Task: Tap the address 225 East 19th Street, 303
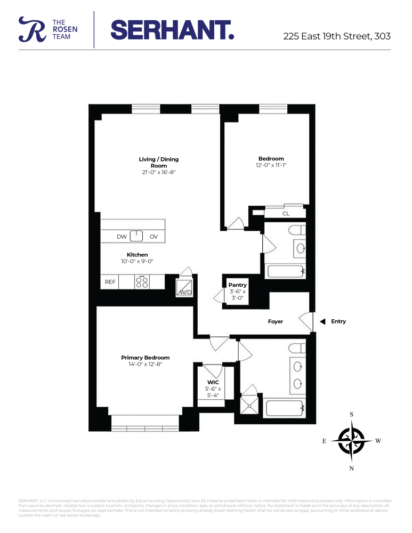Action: [336, 36]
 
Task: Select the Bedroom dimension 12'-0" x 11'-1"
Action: [271, 166]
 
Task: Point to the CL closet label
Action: [286, 214]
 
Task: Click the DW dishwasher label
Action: [122, 237]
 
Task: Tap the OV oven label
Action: [154, 237]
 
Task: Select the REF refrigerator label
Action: [110, 282]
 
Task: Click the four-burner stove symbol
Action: [142, 281]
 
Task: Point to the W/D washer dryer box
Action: [185, 289]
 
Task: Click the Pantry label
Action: [237, 285]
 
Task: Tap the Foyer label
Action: [275, 321]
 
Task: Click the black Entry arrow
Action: [322, 321]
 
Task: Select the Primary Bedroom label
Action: [145, 358]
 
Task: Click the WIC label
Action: [213, 382]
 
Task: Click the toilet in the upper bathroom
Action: [296, 231]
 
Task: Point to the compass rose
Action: [351, 441]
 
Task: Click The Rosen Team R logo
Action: [29, 29]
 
